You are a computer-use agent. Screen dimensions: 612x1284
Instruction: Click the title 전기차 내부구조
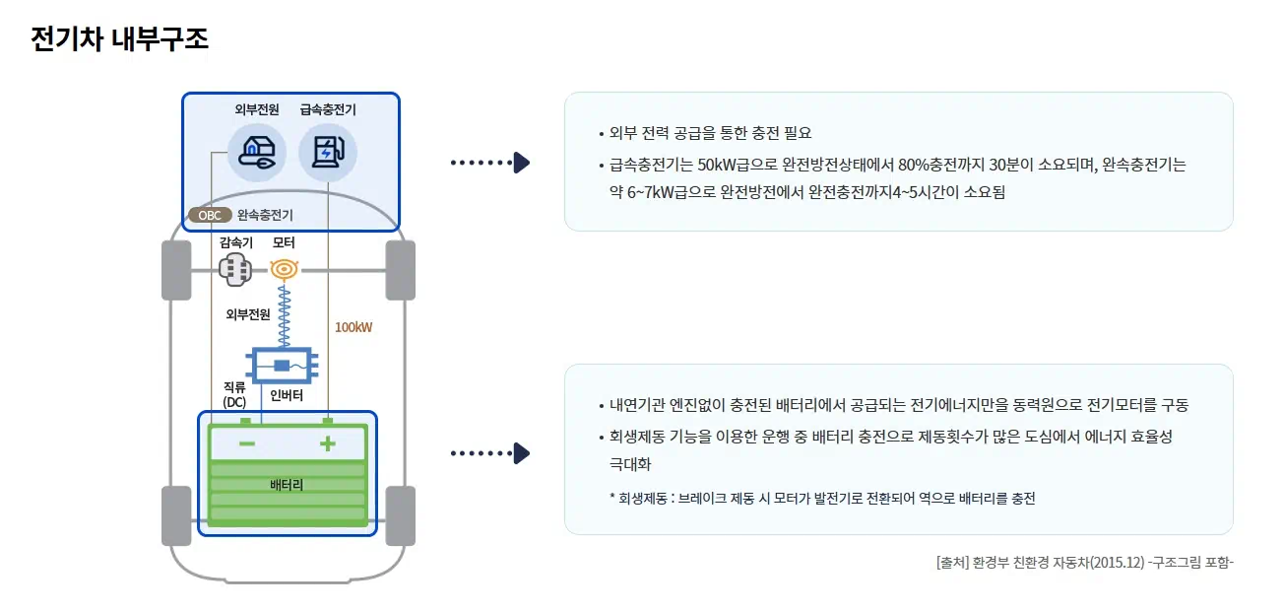119,39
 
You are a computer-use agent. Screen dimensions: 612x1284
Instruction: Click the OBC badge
210,215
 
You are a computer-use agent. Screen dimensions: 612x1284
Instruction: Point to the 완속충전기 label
265,215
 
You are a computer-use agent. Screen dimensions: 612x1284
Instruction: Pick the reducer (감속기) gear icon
235,269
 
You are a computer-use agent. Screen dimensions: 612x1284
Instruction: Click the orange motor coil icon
285,268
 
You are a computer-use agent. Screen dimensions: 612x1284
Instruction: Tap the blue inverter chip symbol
282,366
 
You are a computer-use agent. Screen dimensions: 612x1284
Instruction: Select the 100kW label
353,327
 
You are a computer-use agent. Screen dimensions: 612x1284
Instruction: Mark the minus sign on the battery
247,444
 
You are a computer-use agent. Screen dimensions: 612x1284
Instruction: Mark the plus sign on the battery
328,444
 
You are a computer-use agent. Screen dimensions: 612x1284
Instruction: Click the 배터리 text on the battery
287,486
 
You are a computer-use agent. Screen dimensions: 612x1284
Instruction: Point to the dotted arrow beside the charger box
489,163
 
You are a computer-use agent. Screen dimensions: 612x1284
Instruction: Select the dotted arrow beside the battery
489,453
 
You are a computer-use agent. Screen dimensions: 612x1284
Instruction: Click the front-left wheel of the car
176,269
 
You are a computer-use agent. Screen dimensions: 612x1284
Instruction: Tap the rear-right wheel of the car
400,515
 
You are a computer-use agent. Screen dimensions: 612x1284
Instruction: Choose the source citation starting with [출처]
1085,563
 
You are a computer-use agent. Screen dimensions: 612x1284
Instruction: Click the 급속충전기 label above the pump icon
328,110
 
